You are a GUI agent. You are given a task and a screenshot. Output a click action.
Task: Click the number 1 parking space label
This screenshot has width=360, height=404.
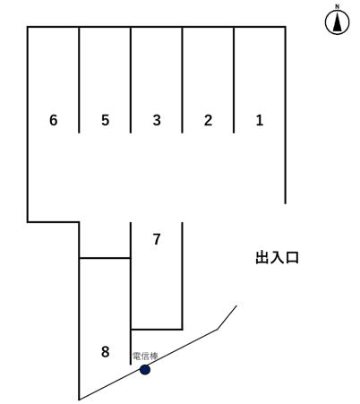point(260,120)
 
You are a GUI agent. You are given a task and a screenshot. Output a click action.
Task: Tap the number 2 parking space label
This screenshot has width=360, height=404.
point(208,120)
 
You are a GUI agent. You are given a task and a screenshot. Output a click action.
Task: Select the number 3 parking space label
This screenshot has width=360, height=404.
point(157,120)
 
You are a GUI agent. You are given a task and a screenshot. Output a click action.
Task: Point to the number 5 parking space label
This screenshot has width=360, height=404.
point(105,120)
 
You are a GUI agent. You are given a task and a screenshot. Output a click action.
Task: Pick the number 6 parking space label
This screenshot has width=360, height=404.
point(54,120)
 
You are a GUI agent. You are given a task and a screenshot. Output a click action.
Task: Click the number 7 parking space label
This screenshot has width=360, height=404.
point(157,239)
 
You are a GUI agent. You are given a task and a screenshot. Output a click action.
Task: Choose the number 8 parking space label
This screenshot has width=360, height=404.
point(105,352)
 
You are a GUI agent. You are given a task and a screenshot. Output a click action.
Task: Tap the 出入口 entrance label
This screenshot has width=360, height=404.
point(277,258)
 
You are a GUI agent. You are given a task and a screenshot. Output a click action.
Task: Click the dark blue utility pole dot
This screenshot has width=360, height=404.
point(145,369)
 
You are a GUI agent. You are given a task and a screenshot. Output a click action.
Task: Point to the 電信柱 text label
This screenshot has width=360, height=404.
point(145,357)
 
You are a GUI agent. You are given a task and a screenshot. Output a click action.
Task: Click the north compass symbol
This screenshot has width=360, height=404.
point(338,23)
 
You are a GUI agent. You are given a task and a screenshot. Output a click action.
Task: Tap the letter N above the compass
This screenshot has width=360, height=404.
point(338,7)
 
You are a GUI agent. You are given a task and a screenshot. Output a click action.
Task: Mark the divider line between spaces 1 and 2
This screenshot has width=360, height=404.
point(234,81)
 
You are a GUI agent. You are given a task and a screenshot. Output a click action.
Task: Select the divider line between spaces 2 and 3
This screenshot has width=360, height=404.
point(183,81)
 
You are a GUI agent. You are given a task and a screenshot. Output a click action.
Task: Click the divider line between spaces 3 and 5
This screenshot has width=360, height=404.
point(131,81)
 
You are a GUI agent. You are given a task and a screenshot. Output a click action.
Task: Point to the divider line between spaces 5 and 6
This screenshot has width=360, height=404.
point(80,81)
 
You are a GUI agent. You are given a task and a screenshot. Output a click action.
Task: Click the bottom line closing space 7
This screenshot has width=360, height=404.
point(157,329)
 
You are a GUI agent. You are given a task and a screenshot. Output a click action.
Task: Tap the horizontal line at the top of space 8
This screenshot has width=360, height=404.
point(105,258)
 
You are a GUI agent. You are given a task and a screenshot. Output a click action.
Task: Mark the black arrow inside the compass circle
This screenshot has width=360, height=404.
point(338,24)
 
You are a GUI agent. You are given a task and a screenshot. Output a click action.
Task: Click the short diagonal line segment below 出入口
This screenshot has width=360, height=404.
point(227,317)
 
